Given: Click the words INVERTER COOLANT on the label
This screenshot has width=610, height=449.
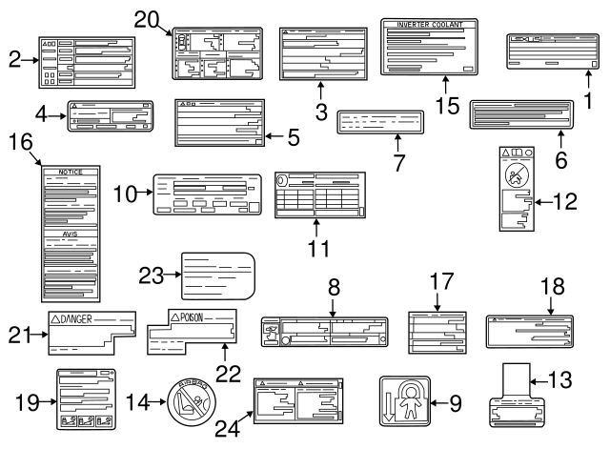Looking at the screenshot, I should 429,25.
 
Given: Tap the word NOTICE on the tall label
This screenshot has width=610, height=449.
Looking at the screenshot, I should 71,173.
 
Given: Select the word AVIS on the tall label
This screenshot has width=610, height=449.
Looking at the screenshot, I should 71,233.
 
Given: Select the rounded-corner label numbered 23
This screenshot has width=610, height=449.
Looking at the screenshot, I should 217,276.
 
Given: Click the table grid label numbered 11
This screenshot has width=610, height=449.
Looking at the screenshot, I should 319,195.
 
